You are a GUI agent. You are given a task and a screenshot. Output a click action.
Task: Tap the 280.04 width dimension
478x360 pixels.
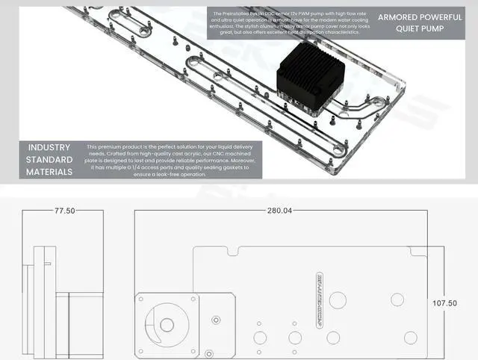279,211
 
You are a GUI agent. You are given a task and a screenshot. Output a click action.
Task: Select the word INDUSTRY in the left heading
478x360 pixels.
50,147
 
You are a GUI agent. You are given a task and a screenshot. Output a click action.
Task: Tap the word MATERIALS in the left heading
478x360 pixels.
50,172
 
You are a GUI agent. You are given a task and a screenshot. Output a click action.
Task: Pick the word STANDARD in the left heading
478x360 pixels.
50,160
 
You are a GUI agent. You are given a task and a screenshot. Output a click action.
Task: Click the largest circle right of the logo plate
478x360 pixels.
338,301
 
